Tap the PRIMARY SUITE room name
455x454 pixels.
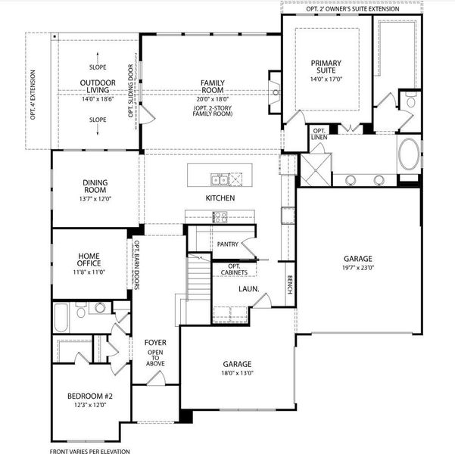[326, 67]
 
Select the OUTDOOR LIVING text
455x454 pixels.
[97, 87]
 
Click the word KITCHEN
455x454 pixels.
[220, 198]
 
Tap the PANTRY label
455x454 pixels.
[227, 244]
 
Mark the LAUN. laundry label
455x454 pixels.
[249, 289]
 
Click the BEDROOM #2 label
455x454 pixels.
[89, 396]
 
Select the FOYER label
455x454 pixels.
[155, 343]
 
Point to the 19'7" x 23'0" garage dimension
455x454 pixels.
[357, 267]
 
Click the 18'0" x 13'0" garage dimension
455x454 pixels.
[237, 373]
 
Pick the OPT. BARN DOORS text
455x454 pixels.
[137, 266]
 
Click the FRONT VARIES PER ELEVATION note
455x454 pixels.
[90, 450]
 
